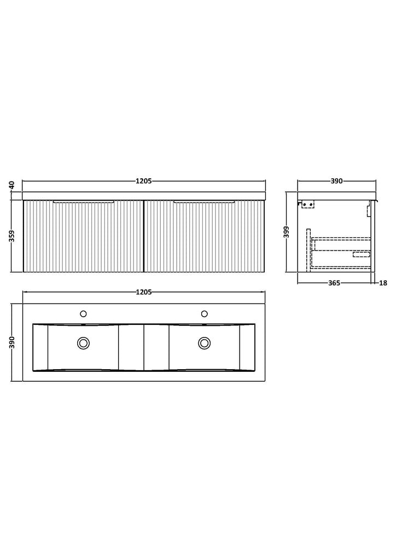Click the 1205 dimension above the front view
pyautogui.click(x=144, y=181)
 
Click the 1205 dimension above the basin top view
pyautogui.click(x=144, y=292)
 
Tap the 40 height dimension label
pyautogui.click(x=11, y=185)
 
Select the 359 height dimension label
pyautogui.click(x=12, y=236)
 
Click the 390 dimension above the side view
pyautogui.click(x=336, y=181)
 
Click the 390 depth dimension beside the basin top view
pyautogui.click(x=12, y=342)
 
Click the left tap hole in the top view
pyautogui.click(x=83, y=314)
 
